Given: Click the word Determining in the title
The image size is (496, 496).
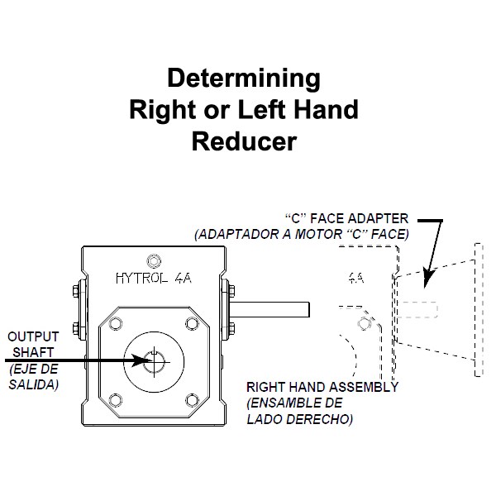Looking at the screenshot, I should (244, 79).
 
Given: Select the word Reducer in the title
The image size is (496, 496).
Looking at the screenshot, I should (244, 141).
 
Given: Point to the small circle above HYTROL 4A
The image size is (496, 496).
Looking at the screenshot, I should (151, 257).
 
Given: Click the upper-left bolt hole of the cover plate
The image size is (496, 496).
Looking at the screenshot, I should (114, 320).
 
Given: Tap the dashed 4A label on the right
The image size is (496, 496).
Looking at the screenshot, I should (355, 279).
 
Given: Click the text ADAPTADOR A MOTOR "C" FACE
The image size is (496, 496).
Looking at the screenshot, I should (302, 234).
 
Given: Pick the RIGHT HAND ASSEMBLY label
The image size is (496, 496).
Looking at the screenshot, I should (322, 387).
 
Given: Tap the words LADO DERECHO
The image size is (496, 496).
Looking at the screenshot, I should (300, 419).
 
